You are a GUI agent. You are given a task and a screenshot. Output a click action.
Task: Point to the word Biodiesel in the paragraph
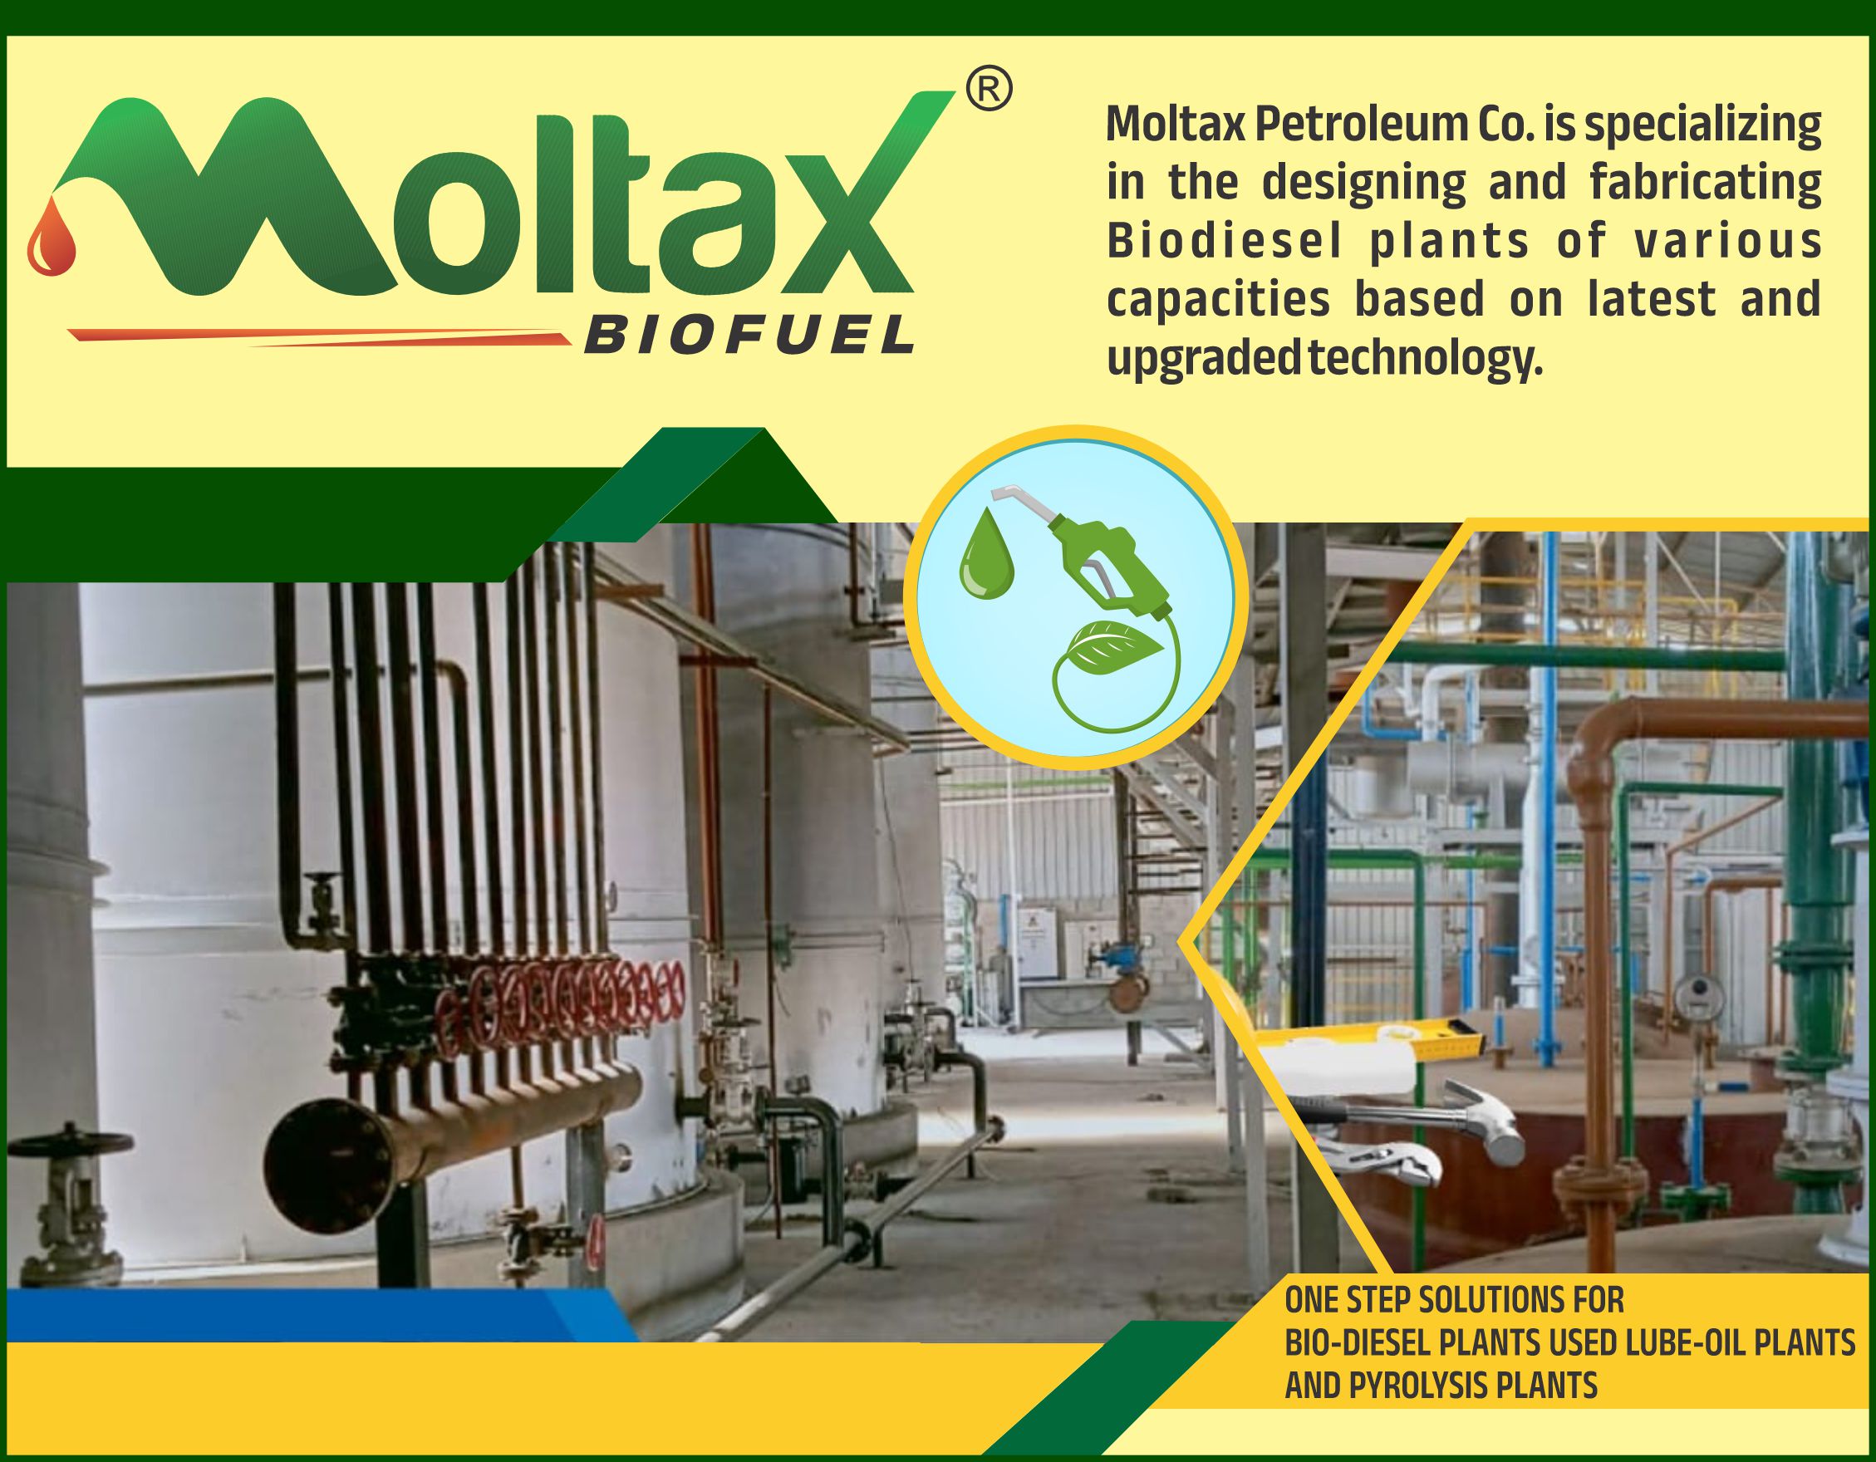tap(1224, 242)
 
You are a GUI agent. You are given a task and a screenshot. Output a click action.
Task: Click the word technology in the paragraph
tap(1425, 359)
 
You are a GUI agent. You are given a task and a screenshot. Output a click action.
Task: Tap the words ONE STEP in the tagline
tap(1348, 1301)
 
